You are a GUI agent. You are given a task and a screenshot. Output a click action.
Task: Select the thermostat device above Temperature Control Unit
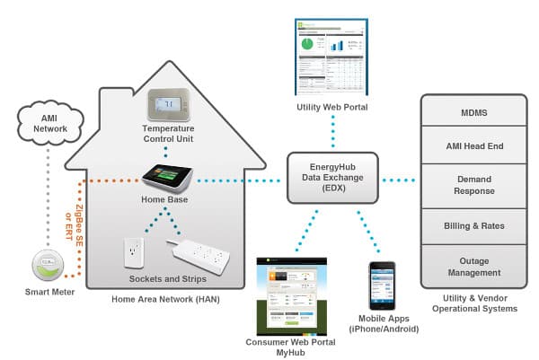(x=170, y=107)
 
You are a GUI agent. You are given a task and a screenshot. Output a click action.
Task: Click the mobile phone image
(x=381, y=285)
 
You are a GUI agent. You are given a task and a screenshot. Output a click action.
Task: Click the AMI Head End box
(x=473, y=145)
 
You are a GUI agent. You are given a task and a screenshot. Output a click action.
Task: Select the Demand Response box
(x=473, y=185)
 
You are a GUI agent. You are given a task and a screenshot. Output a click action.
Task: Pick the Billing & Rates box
(x=473, y=225)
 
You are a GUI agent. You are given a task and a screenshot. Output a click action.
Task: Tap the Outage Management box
(x=473, y=266)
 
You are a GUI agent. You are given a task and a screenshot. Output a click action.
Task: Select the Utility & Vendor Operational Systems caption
(x=473, y=303)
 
